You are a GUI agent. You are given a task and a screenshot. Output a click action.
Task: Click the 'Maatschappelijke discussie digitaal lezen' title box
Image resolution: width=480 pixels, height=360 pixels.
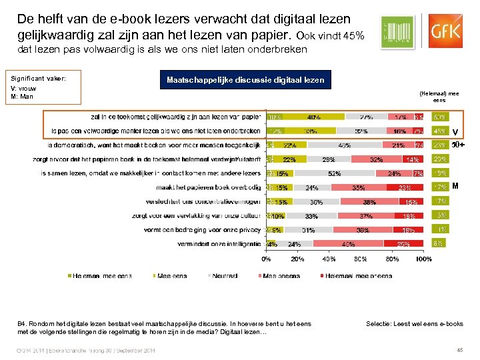coord(246,80)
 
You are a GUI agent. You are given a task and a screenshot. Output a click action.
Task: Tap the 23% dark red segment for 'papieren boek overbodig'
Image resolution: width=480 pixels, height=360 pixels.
coord(404,188)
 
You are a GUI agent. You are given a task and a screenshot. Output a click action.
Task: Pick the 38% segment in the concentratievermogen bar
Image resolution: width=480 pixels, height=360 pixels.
coord(369,202)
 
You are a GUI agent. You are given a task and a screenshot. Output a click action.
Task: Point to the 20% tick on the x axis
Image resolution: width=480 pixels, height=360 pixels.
coord(297,259)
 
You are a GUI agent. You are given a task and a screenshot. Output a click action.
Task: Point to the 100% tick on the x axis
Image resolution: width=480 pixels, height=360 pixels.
coord(423,259)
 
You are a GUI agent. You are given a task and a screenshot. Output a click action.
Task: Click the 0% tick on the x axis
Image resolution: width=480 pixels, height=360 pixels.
coord(266,259)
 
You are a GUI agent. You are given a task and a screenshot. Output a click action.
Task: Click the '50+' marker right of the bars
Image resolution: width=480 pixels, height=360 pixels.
coord(458,144)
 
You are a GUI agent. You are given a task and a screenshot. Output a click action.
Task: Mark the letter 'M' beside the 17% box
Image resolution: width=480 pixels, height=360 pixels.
coord(456,187)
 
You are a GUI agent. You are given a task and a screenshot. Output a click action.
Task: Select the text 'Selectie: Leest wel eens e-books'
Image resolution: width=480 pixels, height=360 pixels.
coord(414,323)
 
